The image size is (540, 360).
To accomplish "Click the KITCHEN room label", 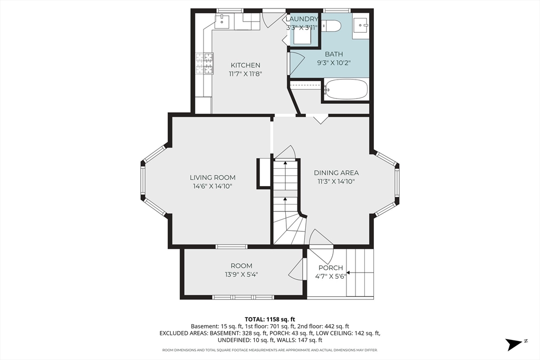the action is [246, 65].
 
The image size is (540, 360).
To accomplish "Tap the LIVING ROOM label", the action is [213, 178].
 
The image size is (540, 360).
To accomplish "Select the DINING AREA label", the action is [336, 173].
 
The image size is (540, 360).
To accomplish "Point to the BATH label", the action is [334, 54].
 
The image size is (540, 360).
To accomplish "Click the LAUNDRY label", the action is [302, 19].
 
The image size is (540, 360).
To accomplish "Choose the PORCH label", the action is [331, 268].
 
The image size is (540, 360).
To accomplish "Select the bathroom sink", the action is [361, 24].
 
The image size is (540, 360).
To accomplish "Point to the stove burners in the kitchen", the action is [205, 63].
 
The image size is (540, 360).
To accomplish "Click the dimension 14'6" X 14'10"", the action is [213, 186].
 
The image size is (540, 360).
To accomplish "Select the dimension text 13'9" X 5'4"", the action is [242, 274].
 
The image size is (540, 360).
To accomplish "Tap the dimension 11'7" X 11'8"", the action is [246, 73].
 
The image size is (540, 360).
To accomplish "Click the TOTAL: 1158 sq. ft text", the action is [269, 319].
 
